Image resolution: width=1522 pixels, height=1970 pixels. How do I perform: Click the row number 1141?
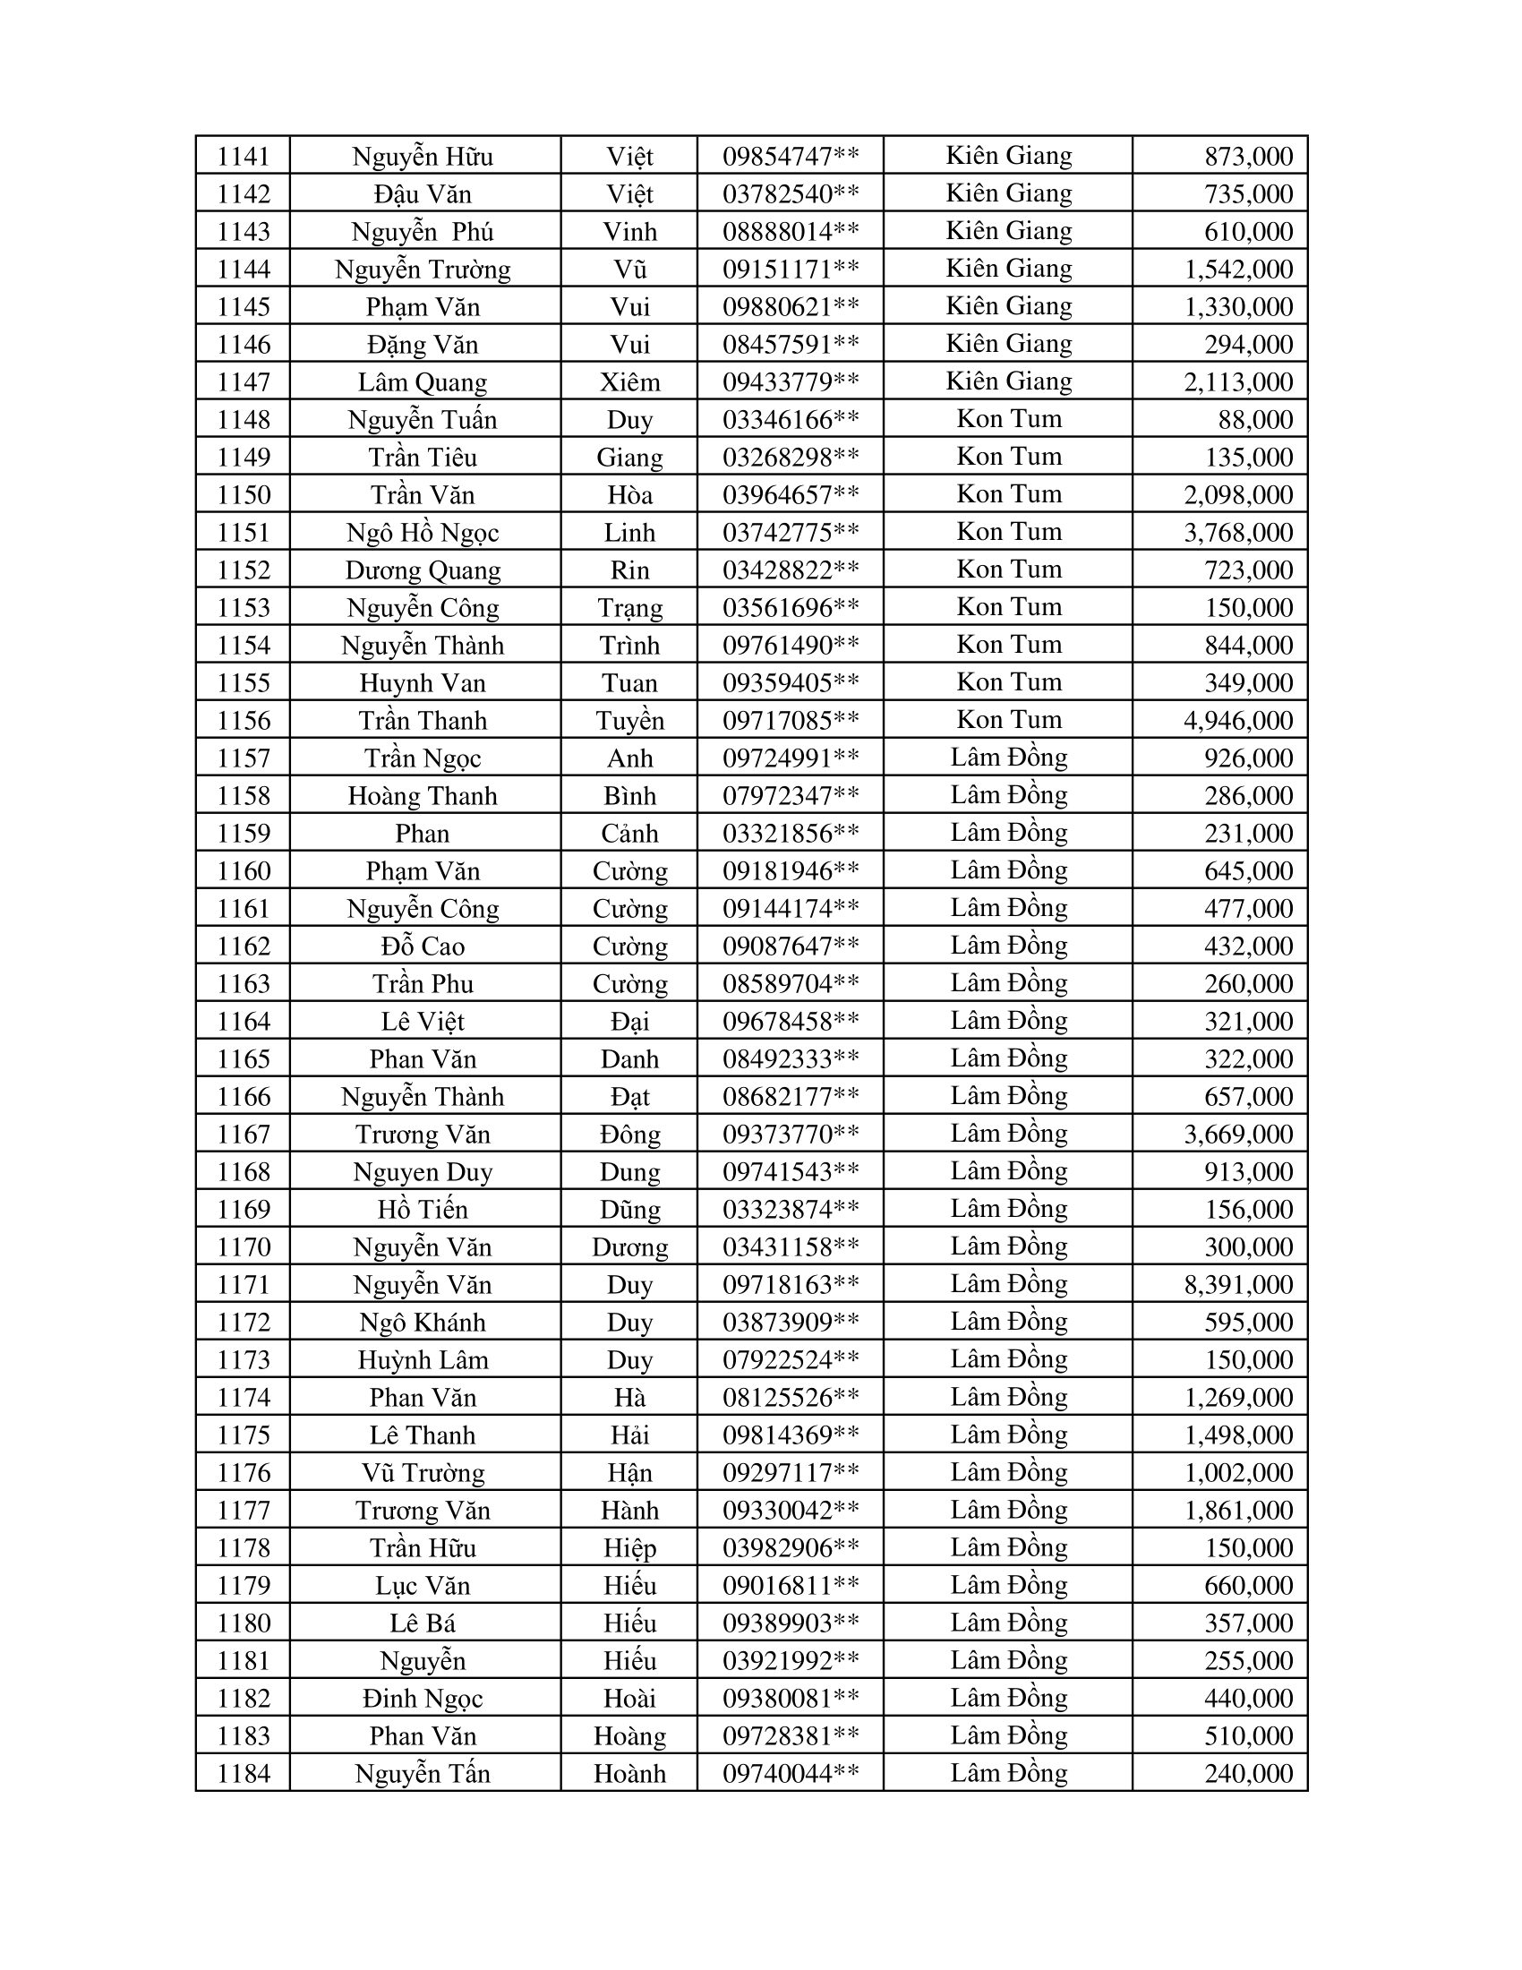pyautogui.click(x=244, y=157)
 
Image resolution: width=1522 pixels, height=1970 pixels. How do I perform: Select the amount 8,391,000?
pyautogui.click(x=1238, y=1284)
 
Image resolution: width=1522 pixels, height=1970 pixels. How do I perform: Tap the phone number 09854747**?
pyautogui.click(x=790, y=157)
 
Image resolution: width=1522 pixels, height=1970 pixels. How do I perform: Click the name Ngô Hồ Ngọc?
pyautogui.click(x=423, y=533)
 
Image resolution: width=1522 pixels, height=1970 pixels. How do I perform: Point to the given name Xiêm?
pyautogui.click(x=629, y=382)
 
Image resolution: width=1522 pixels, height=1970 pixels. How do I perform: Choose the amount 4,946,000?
pyautogui.click(x=1238, y=721)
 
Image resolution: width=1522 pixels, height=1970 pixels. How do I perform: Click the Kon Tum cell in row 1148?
pyautogui.click(x=1008, y=419)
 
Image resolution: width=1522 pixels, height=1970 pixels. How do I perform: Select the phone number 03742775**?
pyautogui.click(x=790, y=533)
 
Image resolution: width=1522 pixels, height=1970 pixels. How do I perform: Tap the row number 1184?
pyautogui.click(x=244, y=1773)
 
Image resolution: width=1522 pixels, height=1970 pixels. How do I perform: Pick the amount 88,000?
pyautogui.click(x=1255, y=420)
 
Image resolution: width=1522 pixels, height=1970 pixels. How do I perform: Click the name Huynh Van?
pyautogui.click(x=423, y=684)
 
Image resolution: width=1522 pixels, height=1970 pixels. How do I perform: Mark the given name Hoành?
pyautogui.click(x=629, y=1773)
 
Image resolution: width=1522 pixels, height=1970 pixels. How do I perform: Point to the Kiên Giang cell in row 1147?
pyautogui.click(x=1008, y=381)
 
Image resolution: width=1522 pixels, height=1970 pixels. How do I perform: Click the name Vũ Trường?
pyautogui.click(x=423, y=1473)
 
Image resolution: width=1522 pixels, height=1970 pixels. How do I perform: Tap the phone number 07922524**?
pyautogui.click(x=790, y=1360)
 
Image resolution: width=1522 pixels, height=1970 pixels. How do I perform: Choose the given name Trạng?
pyautogui.click(x=629, y=608)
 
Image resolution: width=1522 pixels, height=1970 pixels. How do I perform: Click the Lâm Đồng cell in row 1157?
pyautogui.click(x=1008, y=758)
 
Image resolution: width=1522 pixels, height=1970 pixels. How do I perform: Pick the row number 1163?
pyautogui.click(x=244, y=984)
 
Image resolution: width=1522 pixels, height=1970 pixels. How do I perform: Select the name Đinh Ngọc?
pyautogui.click(x=423, y=1699)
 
